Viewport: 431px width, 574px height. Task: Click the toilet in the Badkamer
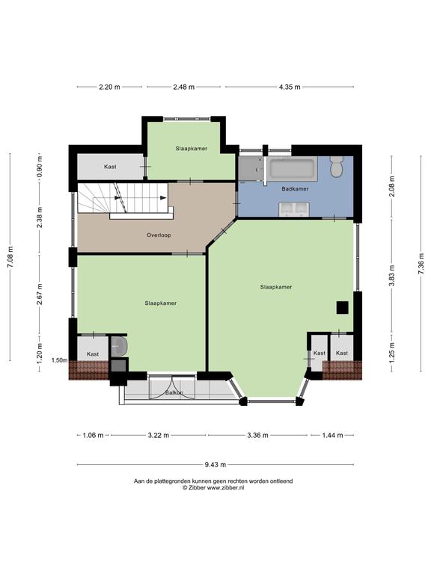coord(336,166)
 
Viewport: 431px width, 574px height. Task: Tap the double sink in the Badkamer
coord(293,209)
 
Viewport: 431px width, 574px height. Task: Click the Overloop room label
coord(159,235)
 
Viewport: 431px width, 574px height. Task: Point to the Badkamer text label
coord(295,189)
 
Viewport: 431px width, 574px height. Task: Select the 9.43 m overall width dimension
coord(215,465)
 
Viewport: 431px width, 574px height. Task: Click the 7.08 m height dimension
coord(10,257)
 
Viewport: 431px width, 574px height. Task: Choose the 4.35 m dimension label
coord(290,87)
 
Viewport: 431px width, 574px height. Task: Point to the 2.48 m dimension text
coord(183,87)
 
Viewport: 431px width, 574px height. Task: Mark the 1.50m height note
coord(59,360)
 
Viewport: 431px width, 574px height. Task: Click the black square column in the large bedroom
coord(342,307)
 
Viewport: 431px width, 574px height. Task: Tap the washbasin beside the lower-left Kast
coord(119,346)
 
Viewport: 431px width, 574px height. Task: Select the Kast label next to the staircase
coord(110,167)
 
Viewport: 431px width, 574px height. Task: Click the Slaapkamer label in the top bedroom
coord(192,149)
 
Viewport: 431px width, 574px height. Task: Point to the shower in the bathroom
coord(251,169)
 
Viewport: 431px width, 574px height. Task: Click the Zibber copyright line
coord(213,487)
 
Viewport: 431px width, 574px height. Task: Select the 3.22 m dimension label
coord(159,435)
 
